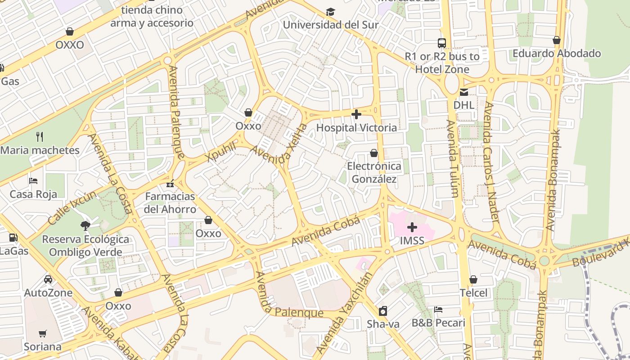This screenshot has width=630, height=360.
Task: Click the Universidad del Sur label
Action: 330,25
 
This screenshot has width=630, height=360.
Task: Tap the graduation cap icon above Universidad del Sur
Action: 330,11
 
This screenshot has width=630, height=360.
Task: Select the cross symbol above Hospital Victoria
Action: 356,114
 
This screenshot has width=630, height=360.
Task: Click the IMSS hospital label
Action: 412,240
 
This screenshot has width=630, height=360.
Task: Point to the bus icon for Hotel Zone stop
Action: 442,43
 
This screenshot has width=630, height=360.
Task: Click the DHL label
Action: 463,105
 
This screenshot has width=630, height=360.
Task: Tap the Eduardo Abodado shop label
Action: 557,53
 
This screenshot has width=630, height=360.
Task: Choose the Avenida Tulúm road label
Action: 453,158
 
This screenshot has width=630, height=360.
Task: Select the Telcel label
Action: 473,293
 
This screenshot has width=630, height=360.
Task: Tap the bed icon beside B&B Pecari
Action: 438,310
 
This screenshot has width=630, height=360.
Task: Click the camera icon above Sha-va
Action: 383,311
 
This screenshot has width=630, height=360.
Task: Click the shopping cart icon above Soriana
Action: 42,333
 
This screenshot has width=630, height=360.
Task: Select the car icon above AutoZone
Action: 48,279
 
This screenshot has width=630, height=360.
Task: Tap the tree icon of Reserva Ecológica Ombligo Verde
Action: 85,225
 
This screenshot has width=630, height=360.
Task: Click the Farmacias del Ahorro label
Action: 170,202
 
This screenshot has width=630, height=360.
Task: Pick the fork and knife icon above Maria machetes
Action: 40,137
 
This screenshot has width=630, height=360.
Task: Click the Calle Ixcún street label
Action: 72,208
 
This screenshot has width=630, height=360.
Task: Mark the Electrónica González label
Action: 374,172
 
